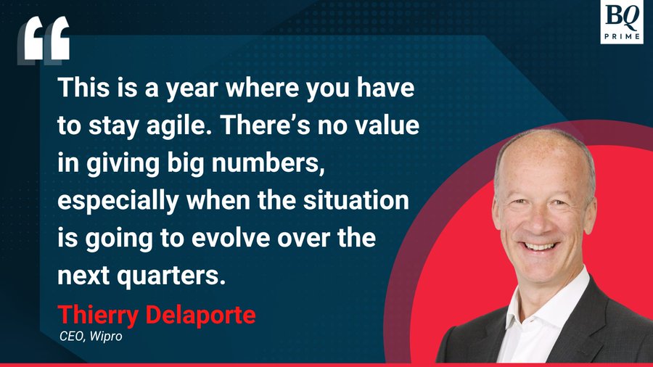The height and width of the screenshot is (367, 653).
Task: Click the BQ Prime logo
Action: coord(622,22)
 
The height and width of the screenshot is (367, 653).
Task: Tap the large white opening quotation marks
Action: coord(44,40)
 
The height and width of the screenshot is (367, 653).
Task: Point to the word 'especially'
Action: coord(118,202)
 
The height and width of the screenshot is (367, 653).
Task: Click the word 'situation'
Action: coord(356,200)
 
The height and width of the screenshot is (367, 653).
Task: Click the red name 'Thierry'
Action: coord(98,316)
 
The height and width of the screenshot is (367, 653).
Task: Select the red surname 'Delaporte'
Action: coord(200,316)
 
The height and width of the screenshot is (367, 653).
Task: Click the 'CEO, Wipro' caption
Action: coord(91,337)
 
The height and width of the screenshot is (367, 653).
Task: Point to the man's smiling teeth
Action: coord(540,247)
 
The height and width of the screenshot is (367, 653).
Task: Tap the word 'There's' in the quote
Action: coord(266,125)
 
